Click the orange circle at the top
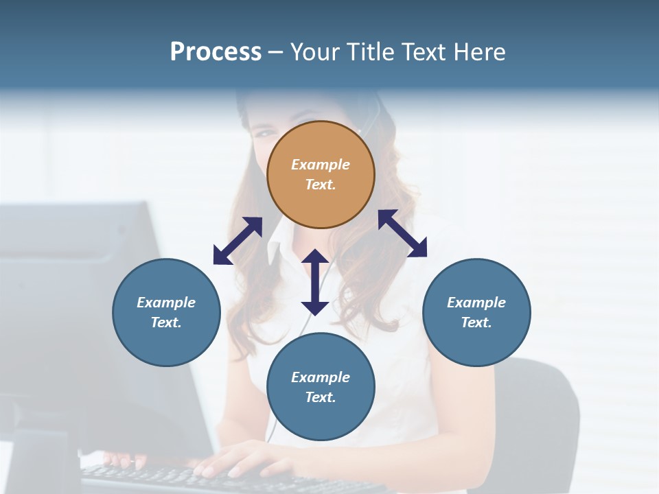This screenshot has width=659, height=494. click(321, 175)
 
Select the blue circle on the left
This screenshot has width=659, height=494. click(166, 313)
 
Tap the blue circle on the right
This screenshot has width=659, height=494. click(476, 313)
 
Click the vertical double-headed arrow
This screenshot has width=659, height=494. click(315, 282)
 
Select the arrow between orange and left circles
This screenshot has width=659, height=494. click(238, 241)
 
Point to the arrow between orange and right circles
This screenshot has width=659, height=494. click(403, 233)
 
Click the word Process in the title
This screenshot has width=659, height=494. click(216, 52)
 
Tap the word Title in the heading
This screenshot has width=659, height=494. click(371, 52)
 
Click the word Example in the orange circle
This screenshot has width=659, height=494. click(321, 165)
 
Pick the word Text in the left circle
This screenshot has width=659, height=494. click(166, 322)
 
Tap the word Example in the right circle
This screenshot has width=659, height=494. click(476, 303)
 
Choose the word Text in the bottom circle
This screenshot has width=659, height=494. click(321, 397)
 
